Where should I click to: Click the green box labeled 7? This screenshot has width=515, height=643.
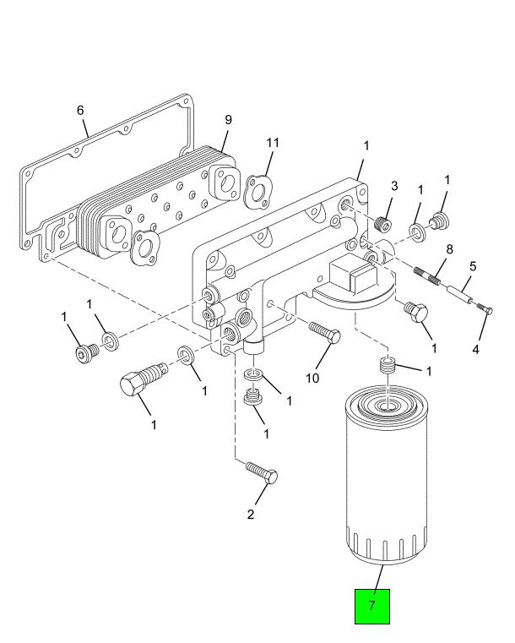[371, 605]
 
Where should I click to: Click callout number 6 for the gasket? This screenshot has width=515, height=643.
[80, 111]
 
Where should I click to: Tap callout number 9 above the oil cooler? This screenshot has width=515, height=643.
[227, 121]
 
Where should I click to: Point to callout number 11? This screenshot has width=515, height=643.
[272, 143]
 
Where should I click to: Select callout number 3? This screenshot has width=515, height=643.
[393, 186]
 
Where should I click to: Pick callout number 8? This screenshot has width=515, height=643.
[450, 250]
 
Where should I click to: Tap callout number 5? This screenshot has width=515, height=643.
[473, 265]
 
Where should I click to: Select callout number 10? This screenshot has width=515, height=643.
[312, 377]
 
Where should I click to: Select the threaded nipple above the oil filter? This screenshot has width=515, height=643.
[385, 368]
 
